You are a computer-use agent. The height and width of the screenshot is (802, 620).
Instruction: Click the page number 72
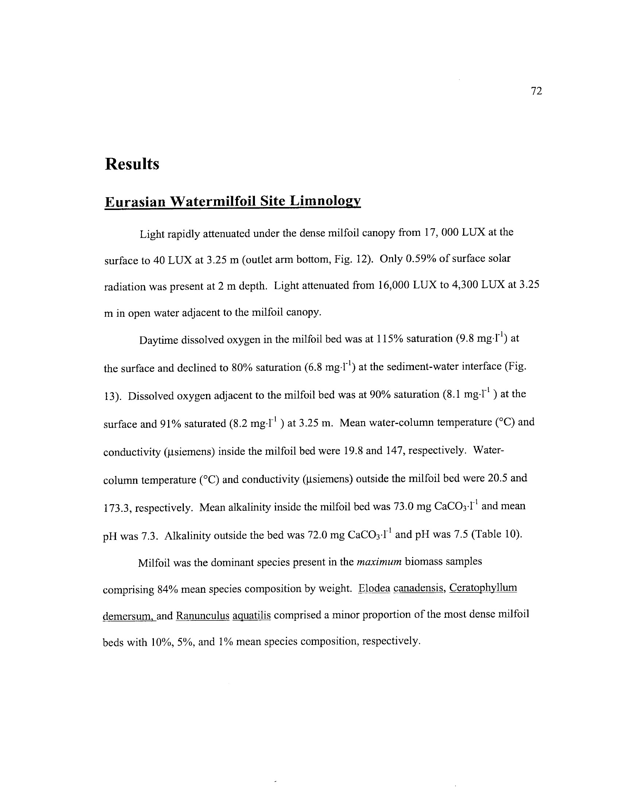click(x=536, y=91)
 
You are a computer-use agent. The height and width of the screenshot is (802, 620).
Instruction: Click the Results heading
click(x=132, y=164)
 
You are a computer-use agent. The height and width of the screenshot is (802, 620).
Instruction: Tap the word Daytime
click(x=158, y=340)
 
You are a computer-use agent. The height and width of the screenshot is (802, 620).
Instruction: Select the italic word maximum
click(x=379, y=562)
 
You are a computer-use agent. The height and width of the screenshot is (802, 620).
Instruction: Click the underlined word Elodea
click(x=374, y=588)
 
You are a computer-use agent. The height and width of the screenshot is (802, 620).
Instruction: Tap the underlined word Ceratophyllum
click(x=483, y=588)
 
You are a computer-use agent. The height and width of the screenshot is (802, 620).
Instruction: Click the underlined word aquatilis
click(x=252, y=616)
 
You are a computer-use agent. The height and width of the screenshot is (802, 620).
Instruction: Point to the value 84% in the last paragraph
click(x=167, y=590)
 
